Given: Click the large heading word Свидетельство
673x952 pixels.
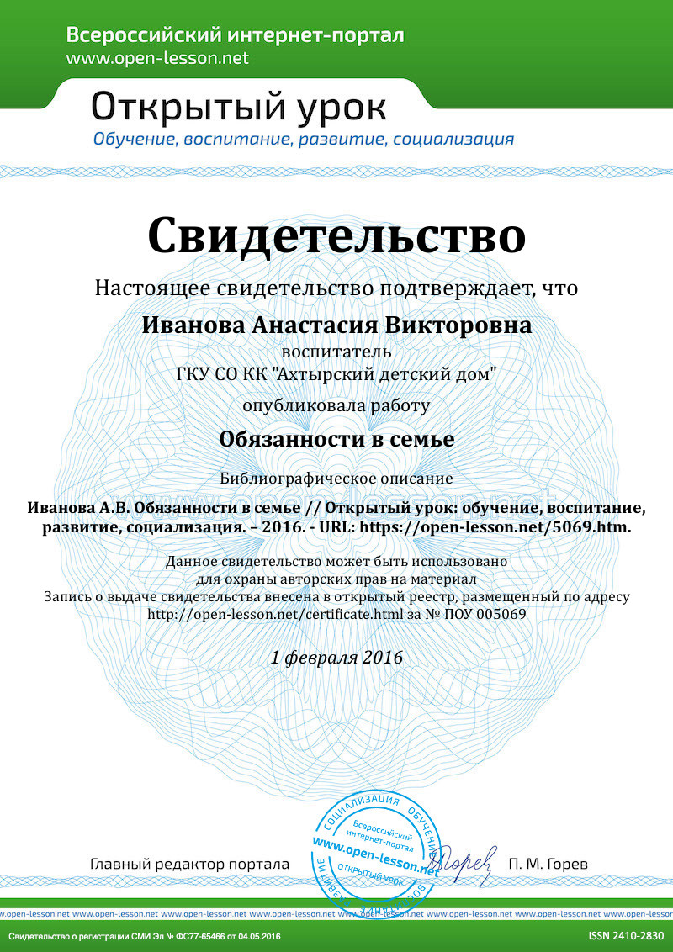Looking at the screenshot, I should click(x=336, y=235).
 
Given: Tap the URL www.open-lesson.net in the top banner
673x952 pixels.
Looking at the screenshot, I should click(x=157, y=58).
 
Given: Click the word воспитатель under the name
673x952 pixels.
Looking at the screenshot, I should click(x=336, y=351).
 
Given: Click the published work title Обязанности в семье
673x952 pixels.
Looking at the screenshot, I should click(x=336, y=439).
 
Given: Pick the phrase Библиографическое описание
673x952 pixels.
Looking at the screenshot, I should click(x=336, y=478).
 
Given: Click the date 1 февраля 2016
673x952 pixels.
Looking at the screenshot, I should click(x=336, y=658).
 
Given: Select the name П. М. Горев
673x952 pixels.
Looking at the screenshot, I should click(x=548, y=865).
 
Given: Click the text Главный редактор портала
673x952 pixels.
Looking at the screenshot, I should click(x=189, y=865).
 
